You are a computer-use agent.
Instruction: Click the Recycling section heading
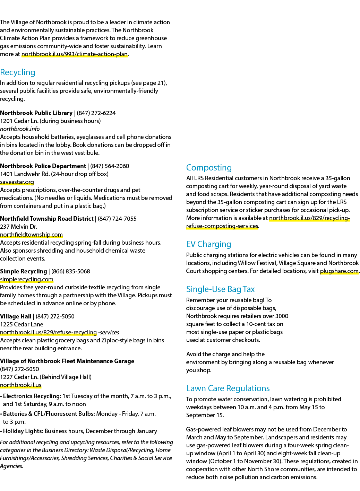point(18,72)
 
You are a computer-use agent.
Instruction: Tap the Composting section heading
point(209,168)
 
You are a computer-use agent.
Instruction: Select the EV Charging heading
point(208,244)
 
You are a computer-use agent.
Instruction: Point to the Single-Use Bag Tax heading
point(220,289)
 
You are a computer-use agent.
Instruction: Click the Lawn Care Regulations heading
point(228,388)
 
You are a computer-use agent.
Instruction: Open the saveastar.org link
point(17,182)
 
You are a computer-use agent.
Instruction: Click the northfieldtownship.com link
point(31,235)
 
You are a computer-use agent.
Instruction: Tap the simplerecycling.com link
point(27,280)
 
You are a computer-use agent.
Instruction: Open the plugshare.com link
point(339,271)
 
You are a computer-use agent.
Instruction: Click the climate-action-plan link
point(74,54)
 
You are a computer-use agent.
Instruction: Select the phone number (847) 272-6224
point(96,113)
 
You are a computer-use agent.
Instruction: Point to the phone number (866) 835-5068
point(71,271)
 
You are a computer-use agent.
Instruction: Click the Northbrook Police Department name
point(43,166)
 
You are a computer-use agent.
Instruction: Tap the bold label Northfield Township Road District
point(47,219)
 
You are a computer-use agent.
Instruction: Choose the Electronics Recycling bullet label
point(32,396)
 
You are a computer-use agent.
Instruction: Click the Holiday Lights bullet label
point(23,431)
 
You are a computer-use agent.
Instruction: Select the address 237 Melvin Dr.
point(18,227)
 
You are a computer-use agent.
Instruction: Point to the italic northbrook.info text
point(20,129)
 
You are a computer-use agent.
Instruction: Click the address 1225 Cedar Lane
point(22,324)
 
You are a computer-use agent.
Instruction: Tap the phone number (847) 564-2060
point(110,166)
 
